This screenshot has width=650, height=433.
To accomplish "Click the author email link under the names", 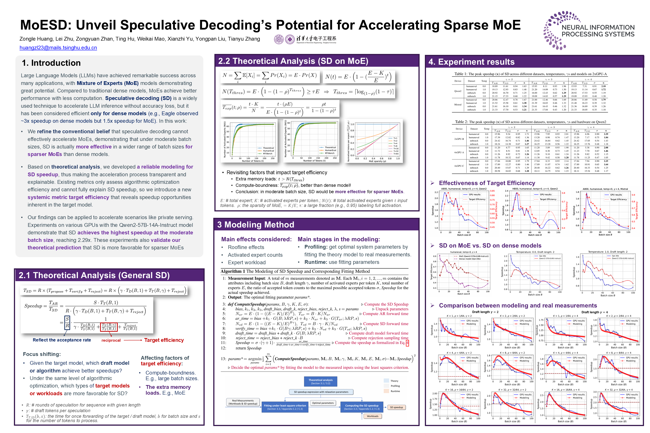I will pos(58,48).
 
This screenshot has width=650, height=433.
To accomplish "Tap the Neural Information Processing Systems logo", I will pos(589,30).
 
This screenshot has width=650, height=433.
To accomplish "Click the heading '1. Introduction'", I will pos(51,63).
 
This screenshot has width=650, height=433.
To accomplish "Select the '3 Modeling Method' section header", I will pos(256,225).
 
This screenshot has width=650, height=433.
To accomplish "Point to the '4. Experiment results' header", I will pos(471,62).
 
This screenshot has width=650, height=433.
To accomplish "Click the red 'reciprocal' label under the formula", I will pos(111,340).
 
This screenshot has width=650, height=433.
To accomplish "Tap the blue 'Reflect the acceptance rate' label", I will pos(62,340).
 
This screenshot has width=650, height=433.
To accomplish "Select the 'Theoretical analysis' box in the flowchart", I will pos(320,381).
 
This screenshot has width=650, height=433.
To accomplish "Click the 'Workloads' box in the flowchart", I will pos(373,416).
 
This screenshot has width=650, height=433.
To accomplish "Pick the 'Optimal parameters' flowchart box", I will pos(323,403).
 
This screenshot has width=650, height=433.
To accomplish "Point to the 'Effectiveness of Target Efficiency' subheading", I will pos(487,183).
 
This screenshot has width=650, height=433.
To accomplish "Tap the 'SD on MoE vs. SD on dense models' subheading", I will pos(490,245).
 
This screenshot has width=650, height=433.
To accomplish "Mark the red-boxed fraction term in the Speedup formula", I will pos(109,327).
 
